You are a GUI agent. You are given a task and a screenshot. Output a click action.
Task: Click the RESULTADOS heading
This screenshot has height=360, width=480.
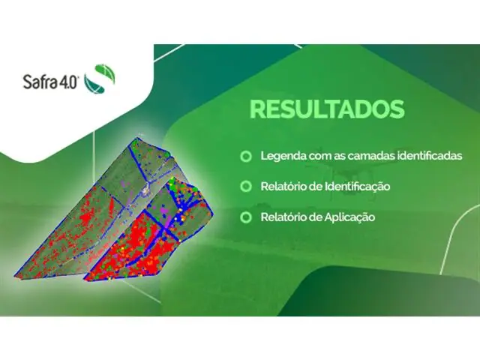pos(326,109)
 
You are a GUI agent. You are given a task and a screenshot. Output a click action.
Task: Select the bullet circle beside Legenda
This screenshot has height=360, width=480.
pos(244,157)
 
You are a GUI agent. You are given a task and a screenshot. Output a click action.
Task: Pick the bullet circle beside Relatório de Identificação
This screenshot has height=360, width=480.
pos(244,186)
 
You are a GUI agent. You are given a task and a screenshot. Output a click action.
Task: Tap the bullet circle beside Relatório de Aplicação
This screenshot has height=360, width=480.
pos(244,217)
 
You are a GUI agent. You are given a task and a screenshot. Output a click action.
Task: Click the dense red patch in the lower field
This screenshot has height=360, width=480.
pos(135,247)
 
